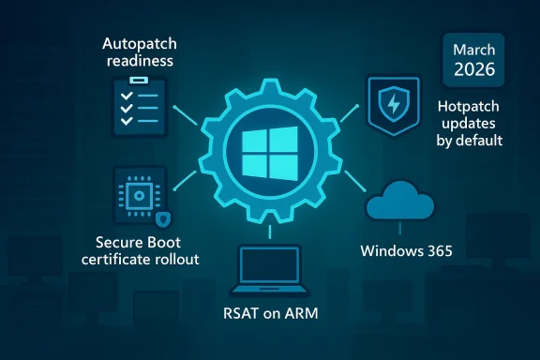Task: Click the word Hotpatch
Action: point(470,107)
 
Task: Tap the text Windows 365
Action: point(406,251)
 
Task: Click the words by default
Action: point(470,142)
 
